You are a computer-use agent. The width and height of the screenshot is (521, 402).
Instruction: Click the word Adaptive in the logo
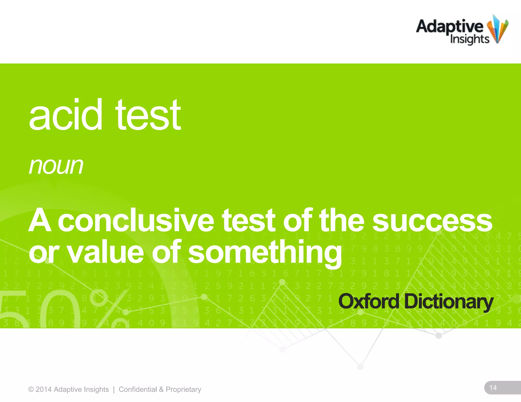click(x=450, y=26)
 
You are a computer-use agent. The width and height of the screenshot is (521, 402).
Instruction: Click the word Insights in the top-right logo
click(x=469, y=39)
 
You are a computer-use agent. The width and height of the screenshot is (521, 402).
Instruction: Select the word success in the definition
click(x=432, y=221)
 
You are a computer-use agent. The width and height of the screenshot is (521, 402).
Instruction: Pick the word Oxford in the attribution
click(x=369, y=302)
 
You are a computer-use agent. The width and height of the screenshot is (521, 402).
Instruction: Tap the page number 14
click(x=493, y=388)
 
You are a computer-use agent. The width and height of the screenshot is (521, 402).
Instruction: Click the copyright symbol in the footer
click(x=31, y=390)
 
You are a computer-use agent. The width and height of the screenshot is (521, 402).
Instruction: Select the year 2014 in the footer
click(x=44, y=390)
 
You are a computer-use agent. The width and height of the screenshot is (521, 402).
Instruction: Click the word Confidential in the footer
click(x=138, y=390)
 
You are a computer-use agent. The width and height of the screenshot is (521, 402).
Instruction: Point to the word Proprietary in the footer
click(x=183, y=390)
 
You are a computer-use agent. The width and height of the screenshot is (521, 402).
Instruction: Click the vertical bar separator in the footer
click(x=114, y=390)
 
